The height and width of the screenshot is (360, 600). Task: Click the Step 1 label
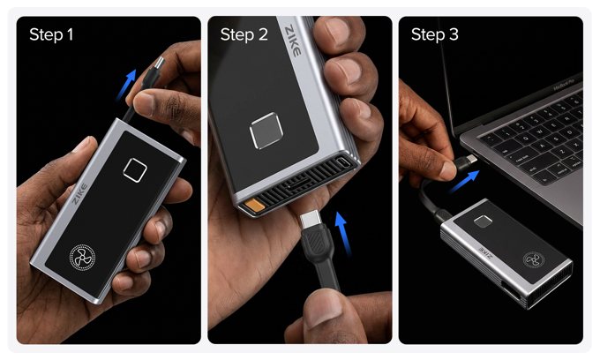click(x=52, y=35)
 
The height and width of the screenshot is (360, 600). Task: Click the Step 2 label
click(x=244, y=35)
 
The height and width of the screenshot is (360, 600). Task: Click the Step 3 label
click(x=435, y=35)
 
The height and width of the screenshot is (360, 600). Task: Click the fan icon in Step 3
click(x=531, y=261)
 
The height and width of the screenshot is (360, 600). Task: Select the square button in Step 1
click(x=135, y=169)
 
